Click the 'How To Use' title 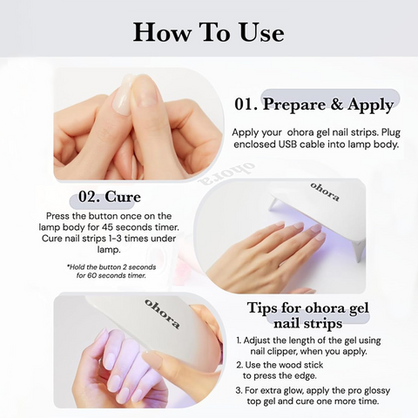tap(208, 33)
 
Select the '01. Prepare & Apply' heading tap(313, 104)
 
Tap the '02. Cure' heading tap(110, 197)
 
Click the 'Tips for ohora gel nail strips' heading tap(308, 315)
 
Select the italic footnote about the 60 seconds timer tap(111, 271)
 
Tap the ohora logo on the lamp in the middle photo tap(325, 192)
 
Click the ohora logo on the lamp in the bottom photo tap(162, 314)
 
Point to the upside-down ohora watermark tap(226, 174)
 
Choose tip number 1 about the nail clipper tap(308, 346)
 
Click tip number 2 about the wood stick tap(280, 370)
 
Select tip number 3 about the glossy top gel tap(313, 396)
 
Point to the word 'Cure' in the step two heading tap(123, 197)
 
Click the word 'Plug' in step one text tap(391, 132)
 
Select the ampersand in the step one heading tap(336, 104)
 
